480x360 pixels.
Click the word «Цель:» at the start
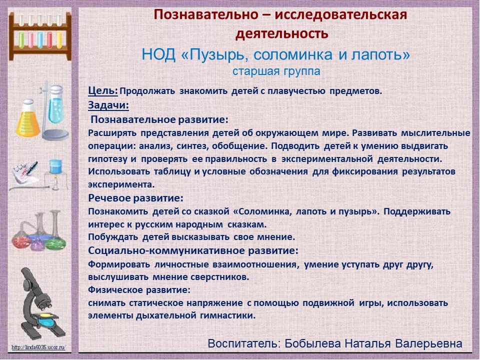coord(103,90)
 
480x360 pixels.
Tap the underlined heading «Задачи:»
coord(108,105)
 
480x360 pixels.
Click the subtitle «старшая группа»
coord(276,71)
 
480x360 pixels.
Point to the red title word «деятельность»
coord(282,33)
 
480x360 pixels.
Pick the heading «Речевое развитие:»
coord(135,198)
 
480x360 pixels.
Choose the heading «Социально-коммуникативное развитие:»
coord(193,250)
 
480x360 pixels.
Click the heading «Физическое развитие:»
coord(139,289)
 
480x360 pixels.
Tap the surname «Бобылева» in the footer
coord(312,343)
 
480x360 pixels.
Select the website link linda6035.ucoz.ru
coord(38,347)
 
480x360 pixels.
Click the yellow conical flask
coord(28,118)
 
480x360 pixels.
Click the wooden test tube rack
coord(40,36)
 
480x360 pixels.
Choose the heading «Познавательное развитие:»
coord(159,119)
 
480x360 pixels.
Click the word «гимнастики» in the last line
coord(228,315)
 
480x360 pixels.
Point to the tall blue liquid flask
coord(55,105)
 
